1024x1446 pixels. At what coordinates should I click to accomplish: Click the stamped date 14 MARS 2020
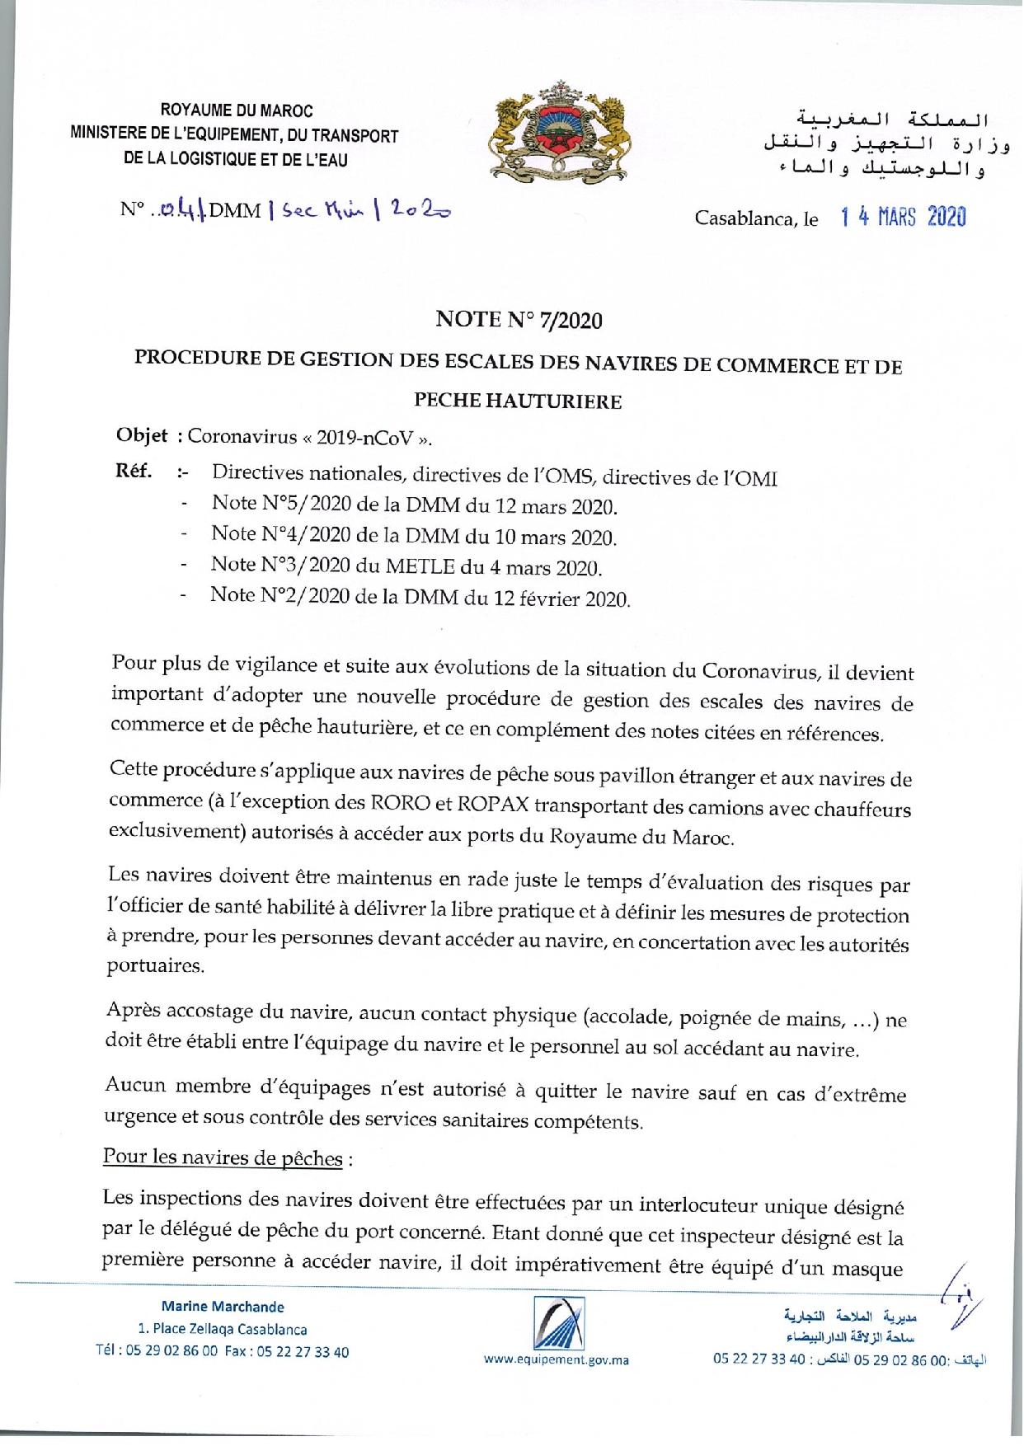903,218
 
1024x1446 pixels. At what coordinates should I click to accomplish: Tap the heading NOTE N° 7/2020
519,320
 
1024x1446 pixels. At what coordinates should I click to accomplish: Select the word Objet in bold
142,435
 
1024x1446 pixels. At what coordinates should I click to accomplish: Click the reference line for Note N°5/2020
415,505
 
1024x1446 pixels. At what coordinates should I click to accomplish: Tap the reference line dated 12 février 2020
420,596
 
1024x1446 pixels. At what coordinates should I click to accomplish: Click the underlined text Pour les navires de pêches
223,1157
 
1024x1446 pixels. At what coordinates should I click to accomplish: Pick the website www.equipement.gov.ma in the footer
557,1359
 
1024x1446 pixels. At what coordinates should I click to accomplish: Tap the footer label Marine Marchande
223,1306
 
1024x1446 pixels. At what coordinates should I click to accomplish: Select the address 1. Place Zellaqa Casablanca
223,1329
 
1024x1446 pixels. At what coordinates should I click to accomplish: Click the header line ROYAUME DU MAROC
237,110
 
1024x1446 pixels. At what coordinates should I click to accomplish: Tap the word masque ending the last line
866,1268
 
